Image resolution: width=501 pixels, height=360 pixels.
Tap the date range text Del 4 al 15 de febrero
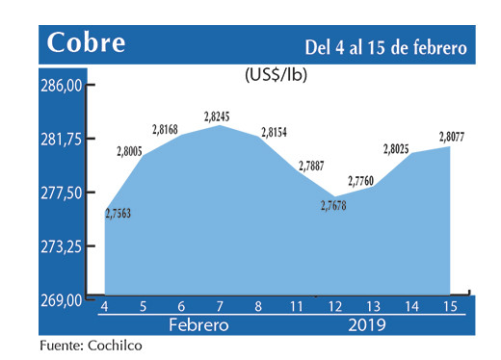385,46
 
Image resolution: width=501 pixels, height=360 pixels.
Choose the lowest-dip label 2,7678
332,204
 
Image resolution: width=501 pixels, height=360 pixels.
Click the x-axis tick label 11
299,306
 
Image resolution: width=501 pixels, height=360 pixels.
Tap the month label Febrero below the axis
198,324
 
